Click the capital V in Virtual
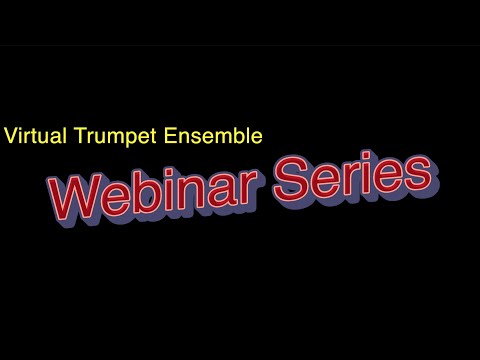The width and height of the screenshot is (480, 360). (x=11, y=134)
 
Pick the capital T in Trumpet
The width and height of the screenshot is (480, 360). (x=78, y=134)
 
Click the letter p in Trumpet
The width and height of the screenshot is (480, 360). (x=124, y=136)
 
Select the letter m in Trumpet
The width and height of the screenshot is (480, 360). (x=108, y=135)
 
